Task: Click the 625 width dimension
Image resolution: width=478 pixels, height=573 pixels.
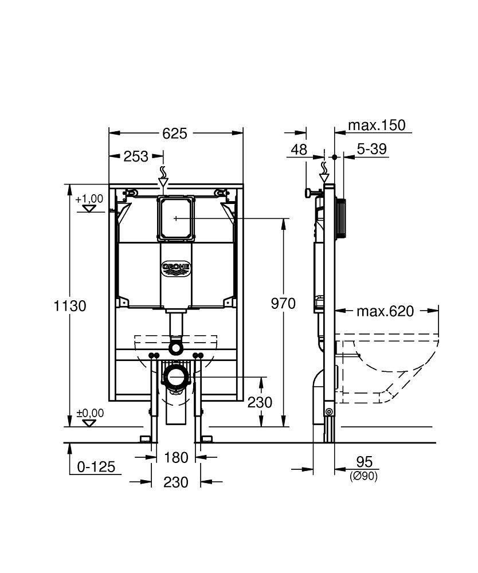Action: coord(175,133)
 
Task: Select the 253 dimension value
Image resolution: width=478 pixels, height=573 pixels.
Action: coord(136,156)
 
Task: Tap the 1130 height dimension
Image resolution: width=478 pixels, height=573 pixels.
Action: coord(70,306)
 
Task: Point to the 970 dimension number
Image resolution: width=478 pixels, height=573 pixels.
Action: coord(283,303)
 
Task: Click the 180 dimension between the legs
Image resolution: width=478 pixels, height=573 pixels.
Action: coord(176,457)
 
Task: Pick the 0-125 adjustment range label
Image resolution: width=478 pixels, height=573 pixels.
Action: coord(96,467)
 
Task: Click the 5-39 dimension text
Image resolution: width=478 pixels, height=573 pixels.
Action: coord(371,150)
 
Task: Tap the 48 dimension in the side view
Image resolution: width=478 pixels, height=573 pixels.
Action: coord(299,150)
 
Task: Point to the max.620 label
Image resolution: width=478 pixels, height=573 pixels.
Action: coord(385,311)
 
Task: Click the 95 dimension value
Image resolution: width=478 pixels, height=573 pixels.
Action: coord(364,462)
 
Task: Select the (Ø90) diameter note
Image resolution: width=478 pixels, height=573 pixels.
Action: coord(364,476)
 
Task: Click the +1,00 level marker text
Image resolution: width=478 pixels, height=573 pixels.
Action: coord(89,199)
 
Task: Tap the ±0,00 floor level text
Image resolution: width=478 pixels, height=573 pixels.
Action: coord(89,413)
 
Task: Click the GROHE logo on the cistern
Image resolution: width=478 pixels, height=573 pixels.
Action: coord(177,268)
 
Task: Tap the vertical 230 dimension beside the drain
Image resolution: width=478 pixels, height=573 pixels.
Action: coord(260,402)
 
